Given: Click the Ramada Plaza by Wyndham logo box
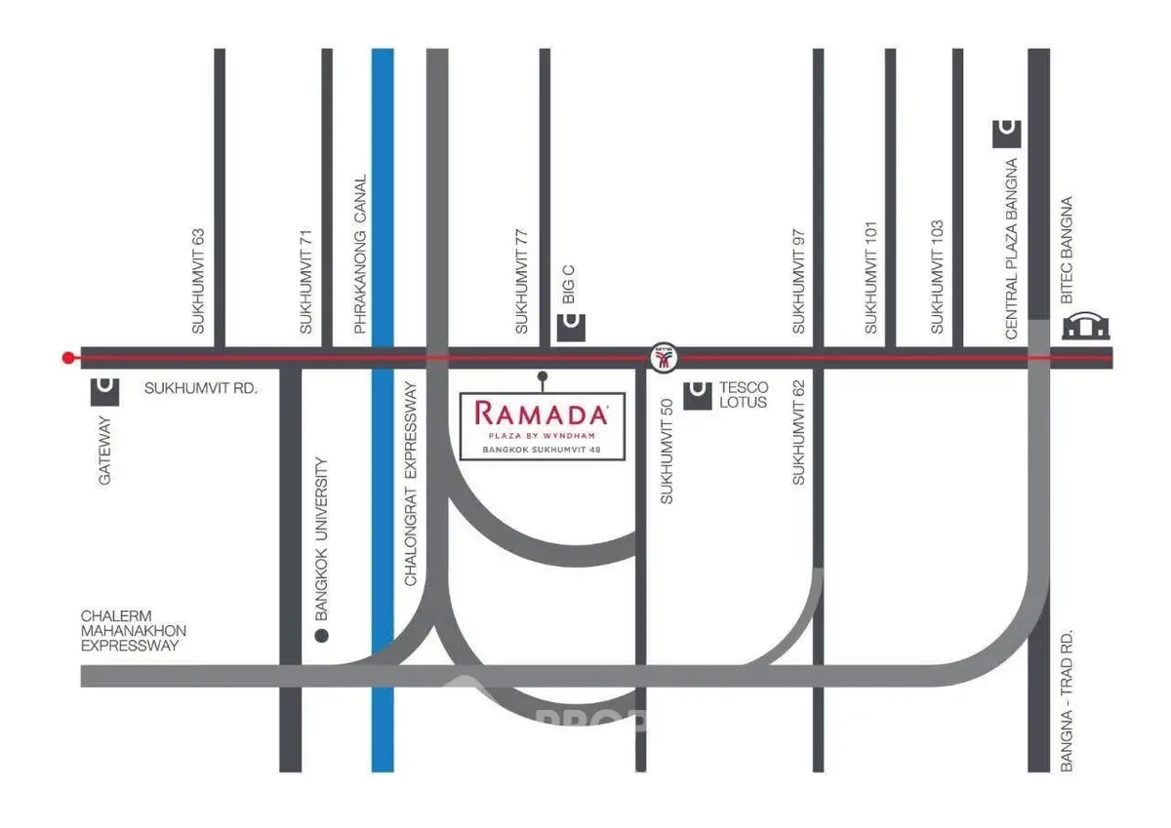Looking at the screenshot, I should click(x=542, y=424).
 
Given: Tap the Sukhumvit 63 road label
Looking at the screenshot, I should click(x=198, y=282).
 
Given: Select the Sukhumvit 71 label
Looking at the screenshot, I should click(x=306, y=282).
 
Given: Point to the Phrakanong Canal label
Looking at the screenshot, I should click(x=360, y=255).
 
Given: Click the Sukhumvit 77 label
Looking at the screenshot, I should click(x=522, y=282).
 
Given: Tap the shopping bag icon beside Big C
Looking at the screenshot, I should click(x=572, y=327).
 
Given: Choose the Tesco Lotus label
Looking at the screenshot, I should click(x=744, y=394).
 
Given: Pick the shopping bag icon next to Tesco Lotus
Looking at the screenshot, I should click(x=698, y=395).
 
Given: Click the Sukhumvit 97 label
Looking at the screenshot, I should click(x=799, y=282).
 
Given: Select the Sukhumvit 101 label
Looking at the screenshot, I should click(x=871, y=282).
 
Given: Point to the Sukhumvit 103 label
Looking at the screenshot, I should click(x=937, y=282).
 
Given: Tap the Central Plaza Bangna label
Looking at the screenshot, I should click(x=1011, y=249).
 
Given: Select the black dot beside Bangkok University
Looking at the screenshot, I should click(x=322, y=636).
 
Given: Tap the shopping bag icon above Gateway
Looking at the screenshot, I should click(x=105, y=391).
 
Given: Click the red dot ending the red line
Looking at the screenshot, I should click(x=67, y=358).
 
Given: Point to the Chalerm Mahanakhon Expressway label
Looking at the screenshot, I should click(x=133, y=630).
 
